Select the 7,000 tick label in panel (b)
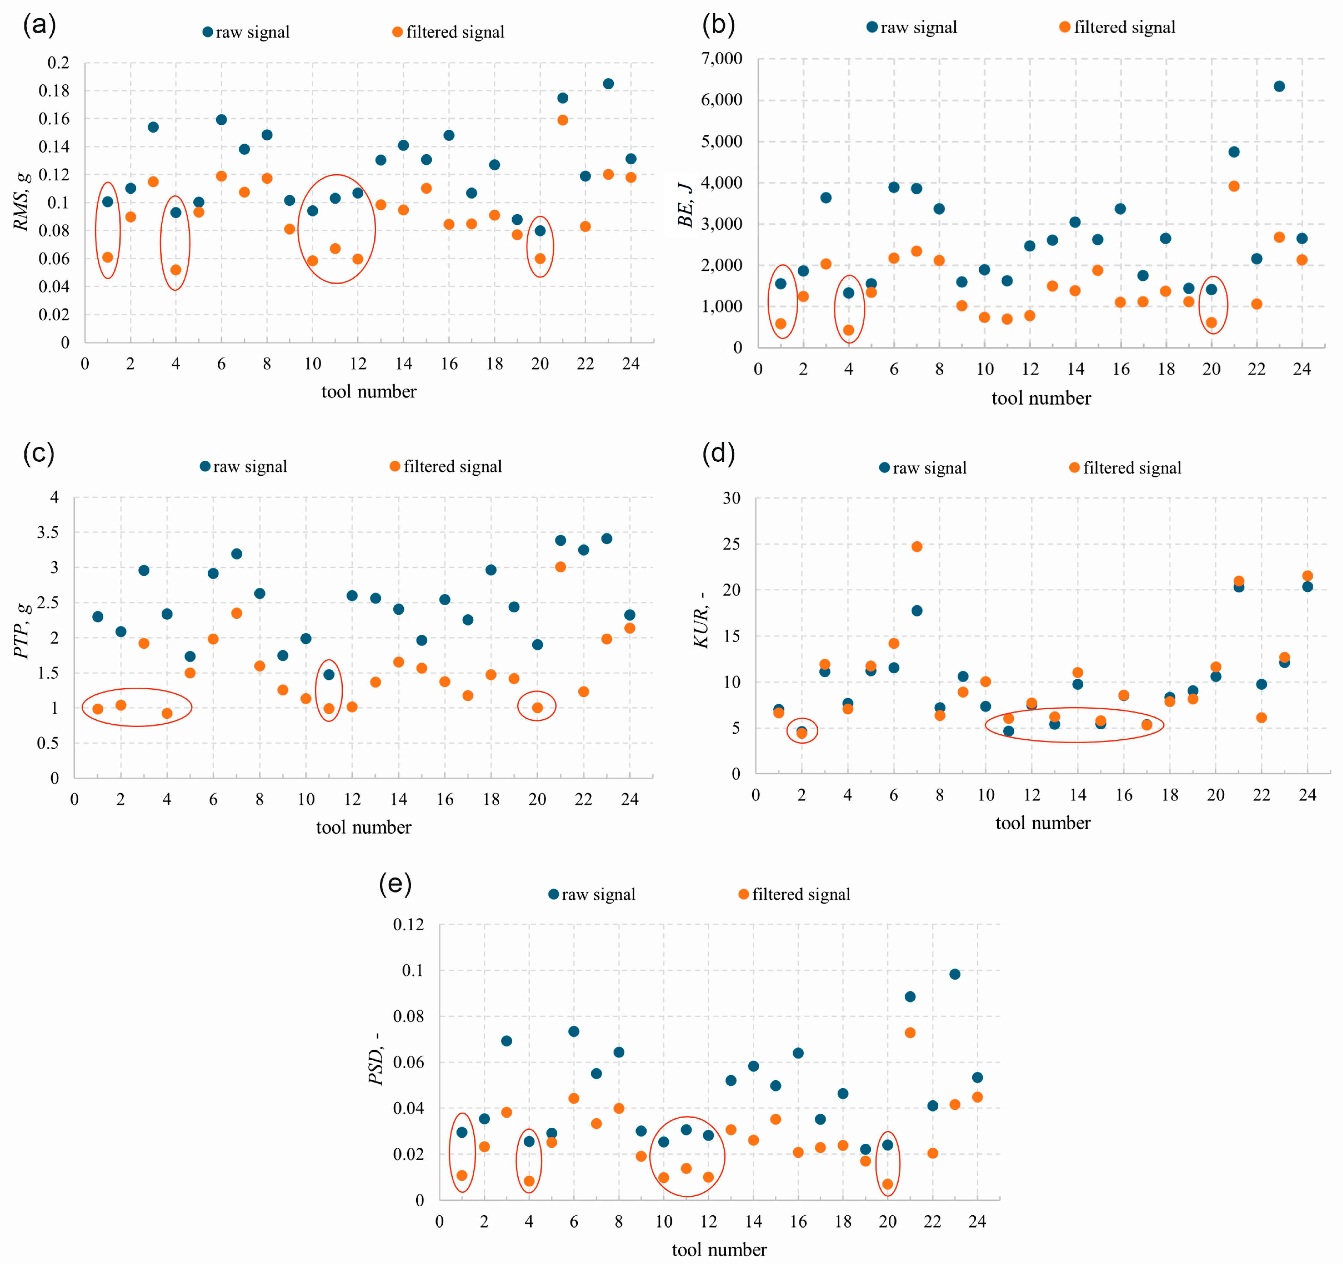click(x=721, y=59)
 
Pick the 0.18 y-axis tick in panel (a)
click(x=54, y=91)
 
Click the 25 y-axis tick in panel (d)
click(x=732, y=544)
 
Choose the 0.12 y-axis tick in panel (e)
click(x=409, y=925)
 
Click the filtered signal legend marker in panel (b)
click(x=1065, y=27)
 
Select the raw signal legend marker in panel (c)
click(x=205, y=466)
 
